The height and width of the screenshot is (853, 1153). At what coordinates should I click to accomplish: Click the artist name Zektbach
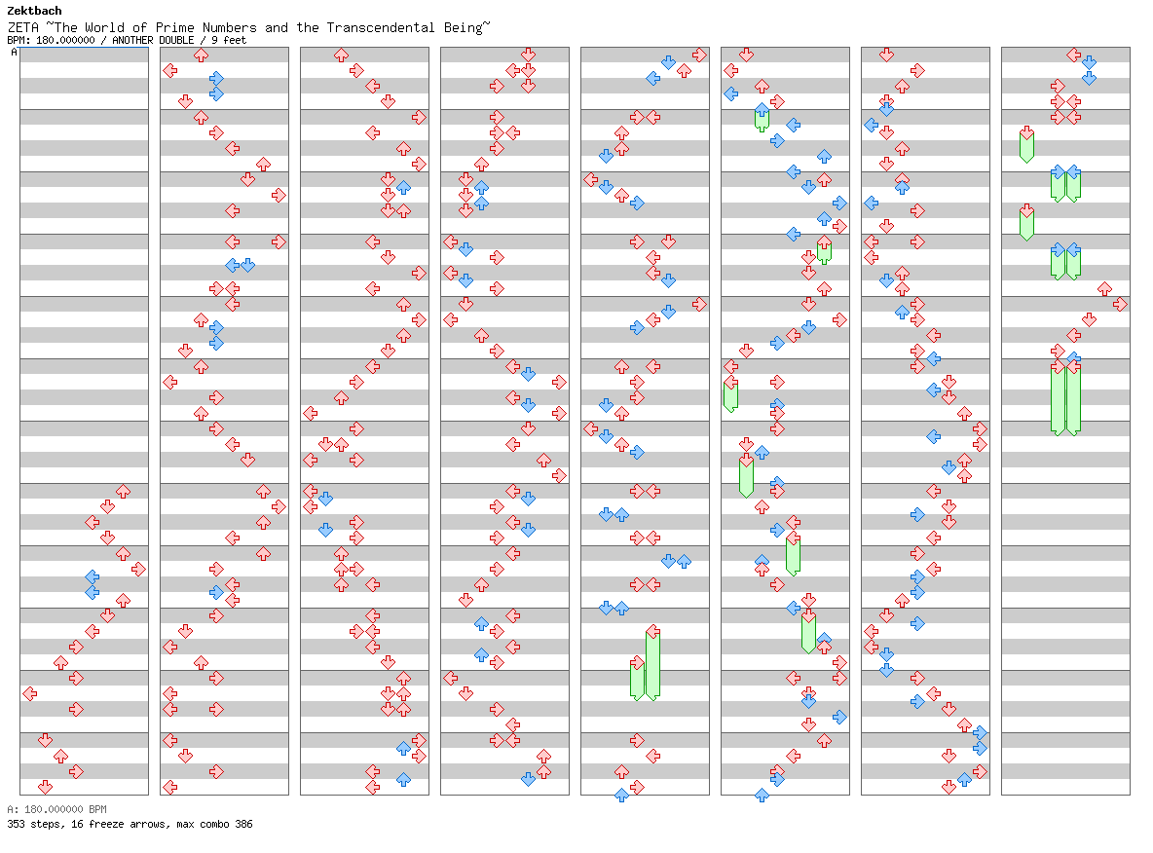(34, 11)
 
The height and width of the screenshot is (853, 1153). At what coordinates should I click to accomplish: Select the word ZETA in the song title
(22, 28)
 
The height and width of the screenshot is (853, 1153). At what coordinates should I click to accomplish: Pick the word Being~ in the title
(466, 28)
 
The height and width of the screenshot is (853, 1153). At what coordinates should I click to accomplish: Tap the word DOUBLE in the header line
(176, 41)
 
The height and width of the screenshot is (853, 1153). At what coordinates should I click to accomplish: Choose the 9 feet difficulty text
(229, 41)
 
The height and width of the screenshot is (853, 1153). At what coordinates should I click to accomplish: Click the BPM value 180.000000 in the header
(65, 41)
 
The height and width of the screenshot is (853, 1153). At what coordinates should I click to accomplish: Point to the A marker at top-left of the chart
(14, 53)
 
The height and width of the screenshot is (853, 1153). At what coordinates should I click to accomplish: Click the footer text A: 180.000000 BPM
(56, 809)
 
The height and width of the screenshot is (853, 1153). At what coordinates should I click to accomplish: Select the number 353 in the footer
(16, 825)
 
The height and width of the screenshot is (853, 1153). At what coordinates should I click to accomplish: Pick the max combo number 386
(244, 825)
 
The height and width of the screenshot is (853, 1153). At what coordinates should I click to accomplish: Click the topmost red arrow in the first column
(123, 491)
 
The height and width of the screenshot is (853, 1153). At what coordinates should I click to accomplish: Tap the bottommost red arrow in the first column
(45, 787)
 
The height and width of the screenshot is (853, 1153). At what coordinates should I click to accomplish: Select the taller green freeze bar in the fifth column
(652, 663)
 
